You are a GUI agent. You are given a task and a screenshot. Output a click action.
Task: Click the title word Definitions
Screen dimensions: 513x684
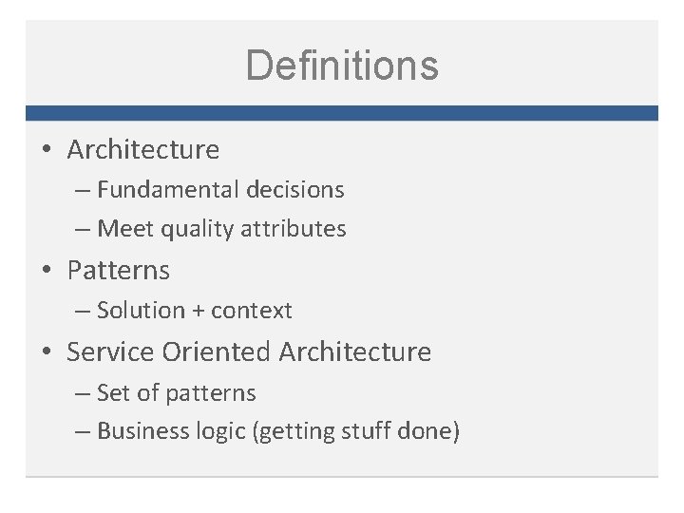[342, 66]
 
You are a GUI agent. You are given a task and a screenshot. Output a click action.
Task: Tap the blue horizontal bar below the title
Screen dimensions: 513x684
[342, 112]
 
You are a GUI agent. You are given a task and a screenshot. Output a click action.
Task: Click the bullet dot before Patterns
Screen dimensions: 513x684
[47, 272]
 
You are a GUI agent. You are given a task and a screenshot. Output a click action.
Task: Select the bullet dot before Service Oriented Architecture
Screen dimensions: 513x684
[47, 353]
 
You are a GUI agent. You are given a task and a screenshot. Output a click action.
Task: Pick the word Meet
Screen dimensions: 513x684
[122, 228]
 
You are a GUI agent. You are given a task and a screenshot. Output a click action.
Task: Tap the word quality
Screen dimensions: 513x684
[194, 229]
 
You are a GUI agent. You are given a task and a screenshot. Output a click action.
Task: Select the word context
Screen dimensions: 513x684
[252, 311]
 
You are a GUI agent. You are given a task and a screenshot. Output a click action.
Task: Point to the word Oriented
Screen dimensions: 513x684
[217, 351]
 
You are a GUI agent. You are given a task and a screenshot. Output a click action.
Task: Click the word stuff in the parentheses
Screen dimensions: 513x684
[359, 431]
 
